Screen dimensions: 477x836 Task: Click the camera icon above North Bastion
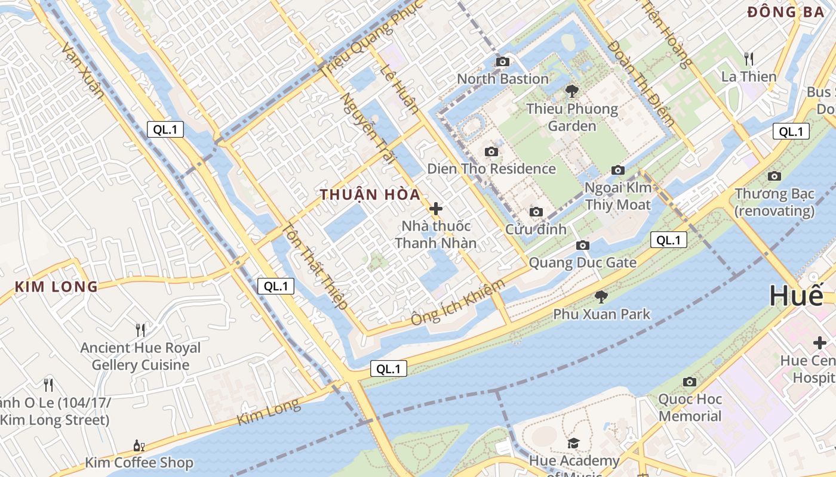click(503, 61)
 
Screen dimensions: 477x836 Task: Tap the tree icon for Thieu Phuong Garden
click(572, 91)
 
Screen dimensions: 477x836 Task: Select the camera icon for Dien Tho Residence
click(491, 151)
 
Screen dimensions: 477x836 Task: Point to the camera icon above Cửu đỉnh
click(536, 212)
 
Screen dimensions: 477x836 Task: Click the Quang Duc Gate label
click(583, 262)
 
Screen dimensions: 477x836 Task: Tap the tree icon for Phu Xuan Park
click(601, 296)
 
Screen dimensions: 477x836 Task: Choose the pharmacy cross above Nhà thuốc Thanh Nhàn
click(436, 209)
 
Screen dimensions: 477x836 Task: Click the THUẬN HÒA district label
click(370, 195)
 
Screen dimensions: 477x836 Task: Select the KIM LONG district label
click(56, 287)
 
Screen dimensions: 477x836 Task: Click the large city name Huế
click(796, 296)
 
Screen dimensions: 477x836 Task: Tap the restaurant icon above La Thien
click(749, 58)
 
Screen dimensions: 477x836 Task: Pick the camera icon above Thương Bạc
click(774, 176)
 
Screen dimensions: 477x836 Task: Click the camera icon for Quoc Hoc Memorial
click(690, 382)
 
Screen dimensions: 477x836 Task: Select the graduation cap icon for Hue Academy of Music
click(573, 443)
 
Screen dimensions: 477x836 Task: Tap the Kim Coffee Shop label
click(139, 463)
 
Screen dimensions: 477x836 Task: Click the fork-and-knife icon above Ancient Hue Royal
click(140, 330)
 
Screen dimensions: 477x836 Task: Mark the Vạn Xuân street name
click(83, 71)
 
